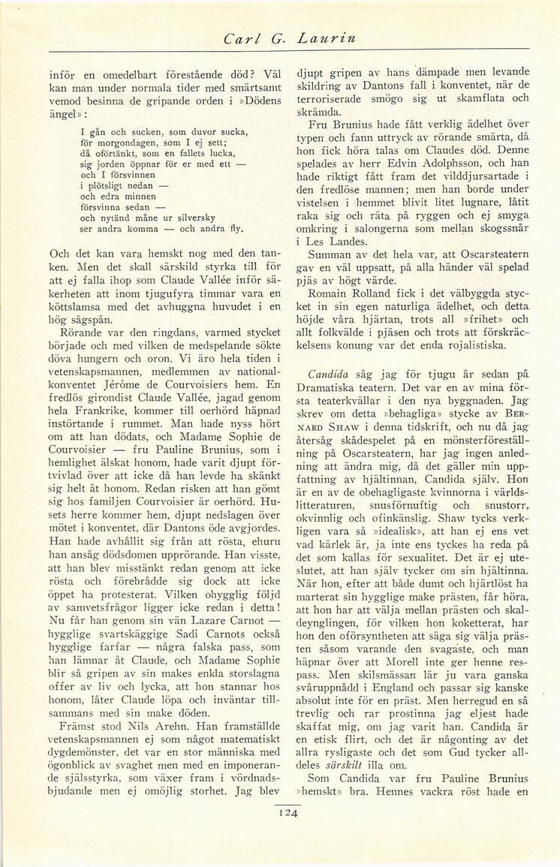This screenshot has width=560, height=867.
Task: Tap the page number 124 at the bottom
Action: point(288,811)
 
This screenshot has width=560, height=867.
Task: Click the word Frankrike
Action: point(104,413)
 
